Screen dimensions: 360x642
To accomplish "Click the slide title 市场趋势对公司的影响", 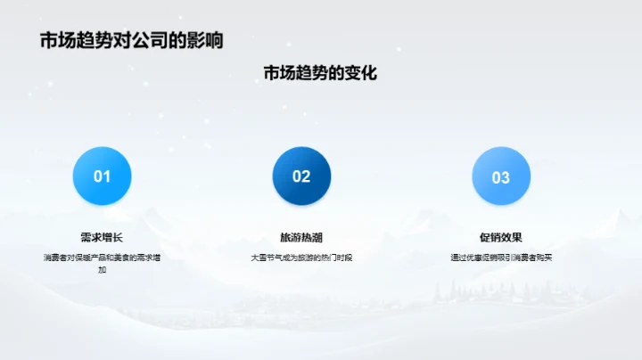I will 131,40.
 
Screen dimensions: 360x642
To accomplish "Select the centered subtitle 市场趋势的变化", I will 320,73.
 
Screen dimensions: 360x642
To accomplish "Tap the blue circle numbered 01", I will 102,176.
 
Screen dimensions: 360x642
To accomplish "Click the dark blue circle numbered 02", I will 301,176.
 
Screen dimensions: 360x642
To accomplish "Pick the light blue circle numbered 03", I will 501,176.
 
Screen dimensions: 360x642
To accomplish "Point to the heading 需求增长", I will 102,238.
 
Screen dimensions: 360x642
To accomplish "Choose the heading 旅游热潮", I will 301,238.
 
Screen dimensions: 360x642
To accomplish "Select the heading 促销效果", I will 501,238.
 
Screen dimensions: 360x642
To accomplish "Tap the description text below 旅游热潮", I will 301,258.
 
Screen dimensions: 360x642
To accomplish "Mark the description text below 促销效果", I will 501,258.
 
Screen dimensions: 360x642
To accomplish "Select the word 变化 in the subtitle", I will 359,73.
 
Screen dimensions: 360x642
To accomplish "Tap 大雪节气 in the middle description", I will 265,258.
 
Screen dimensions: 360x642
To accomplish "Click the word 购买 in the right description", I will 546,258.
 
